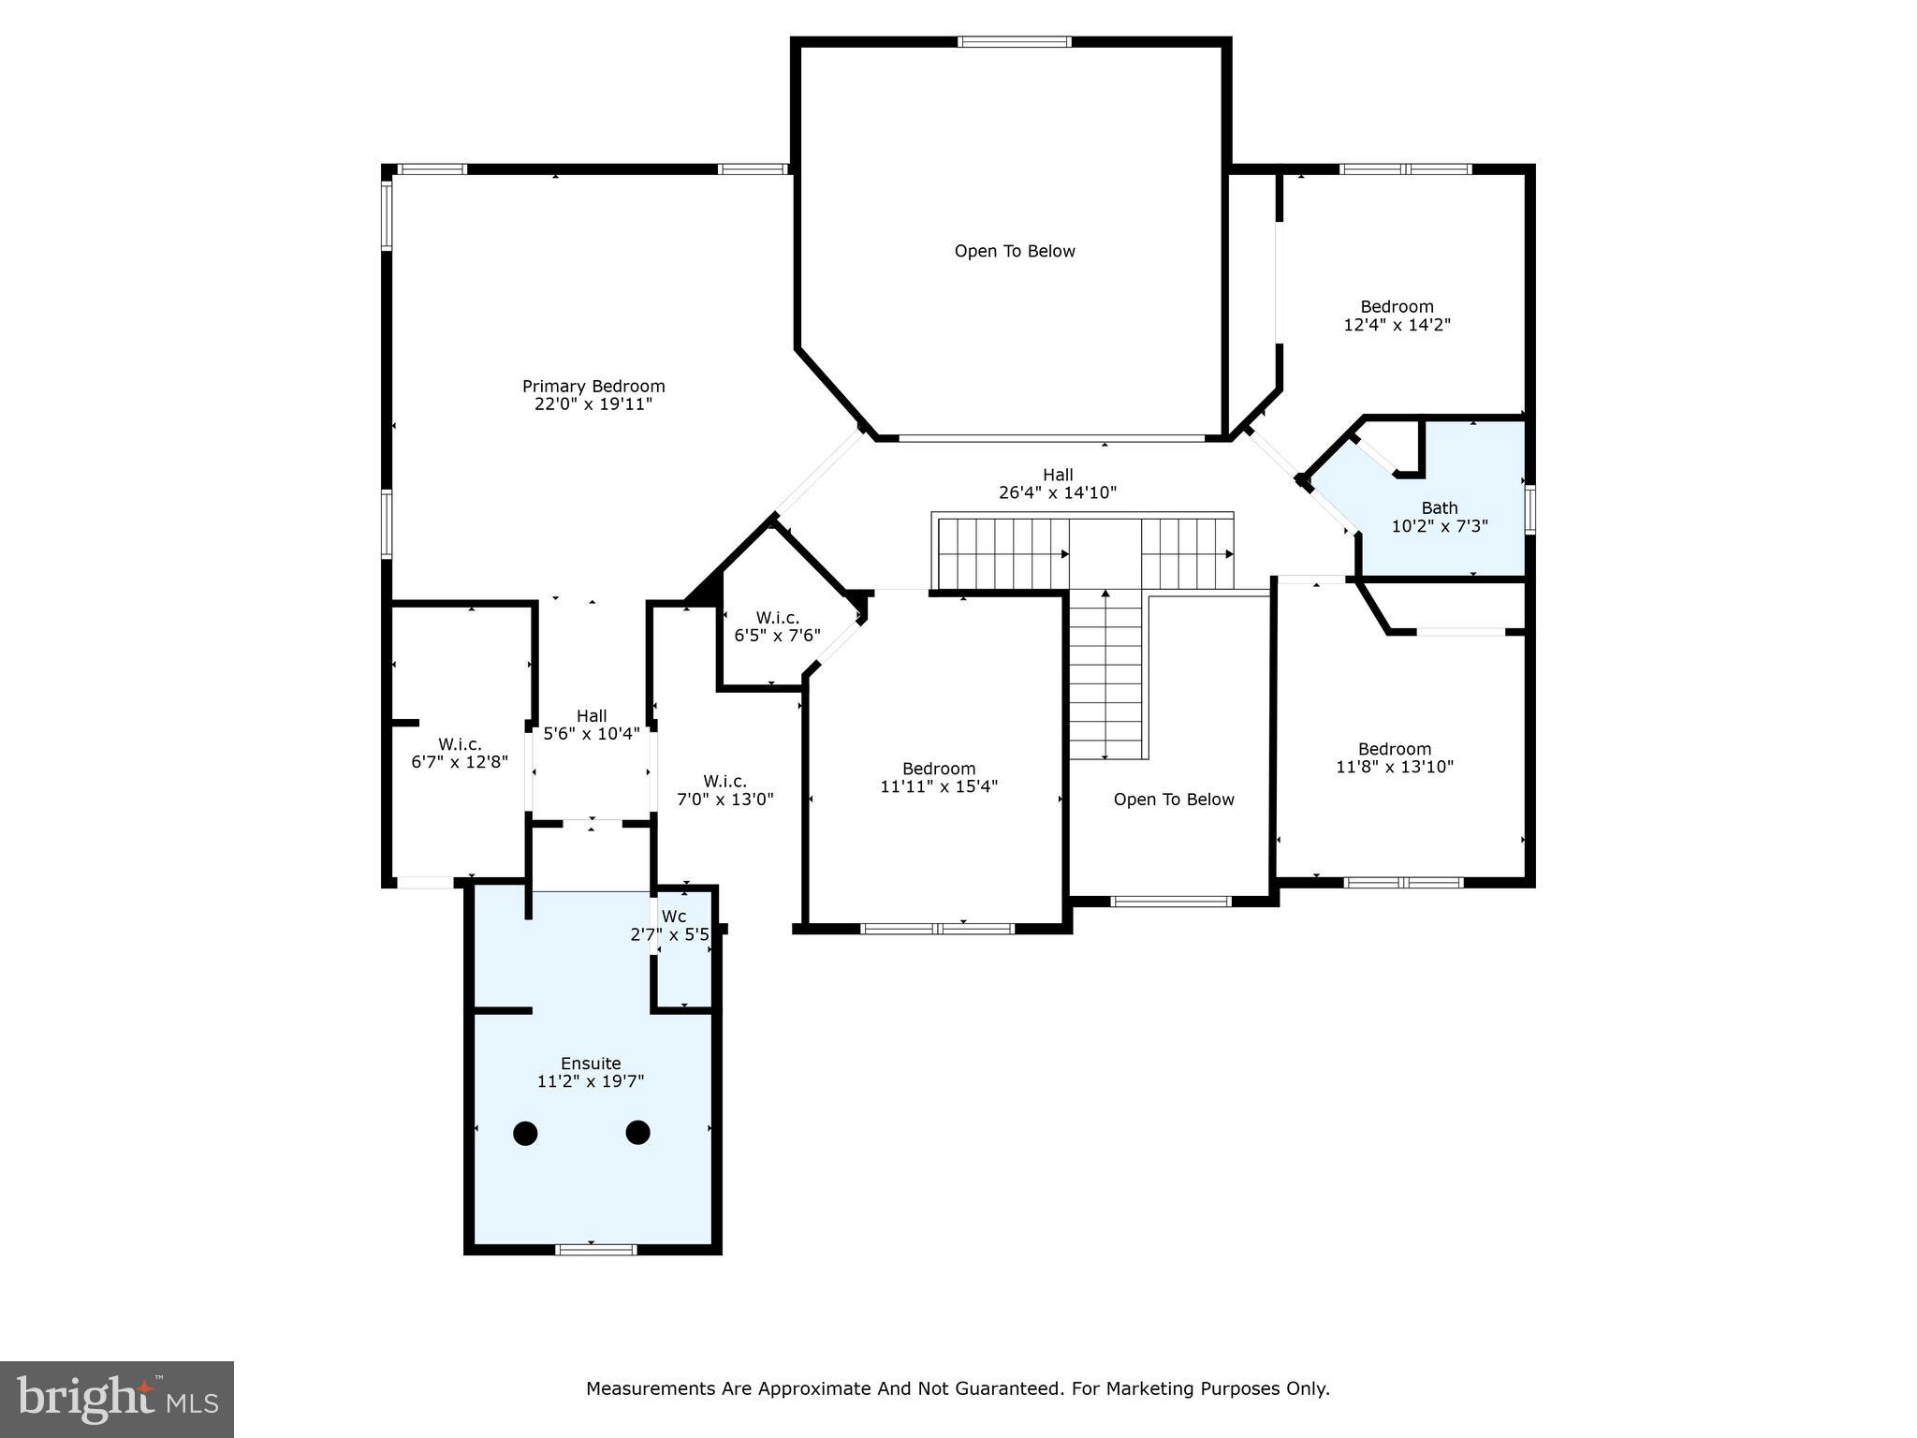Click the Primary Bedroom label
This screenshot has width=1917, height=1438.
[x=593, y=386]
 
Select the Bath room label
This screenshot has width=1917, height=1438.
[x=1440, y=508]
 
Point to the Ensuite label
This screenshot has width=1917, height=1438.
[x=591, y=1064]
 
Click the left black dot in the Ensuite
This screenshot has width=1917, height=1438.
[x=526, y=1133]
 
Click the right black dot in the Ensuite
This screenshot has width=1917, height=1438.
[x=638, y=1133]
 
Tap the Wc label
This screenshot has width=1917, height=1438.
[x=674, y=916]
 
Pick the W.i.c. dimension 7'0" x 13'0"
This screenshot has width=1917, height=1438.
[x=725, y=800]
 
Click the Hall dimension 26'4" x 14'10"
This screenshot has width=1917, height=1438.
[x=1058, y=492]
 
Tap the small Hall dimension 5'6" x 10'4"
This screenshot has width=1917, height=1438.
[x=592, y=734]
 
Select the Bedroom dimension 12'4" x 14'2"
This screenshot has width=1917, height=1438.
[x=1397, y=325]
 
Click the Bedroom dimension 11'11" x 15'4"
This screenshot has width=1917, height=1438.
[x=939, y=786]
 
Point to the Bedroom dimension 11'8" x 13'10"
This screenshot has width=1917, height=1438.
[x=1395, y=767]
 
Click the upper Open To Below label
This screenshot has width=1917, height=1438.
[x=1015, y=251]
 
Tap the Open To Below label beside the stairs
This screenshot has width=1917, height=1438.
[x=1174, y=800]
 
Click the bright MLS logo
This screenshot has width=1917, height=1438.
[x=117, y=1399]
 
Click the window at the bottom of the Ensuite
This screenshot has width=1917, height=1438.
[x=595, y=1249]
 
